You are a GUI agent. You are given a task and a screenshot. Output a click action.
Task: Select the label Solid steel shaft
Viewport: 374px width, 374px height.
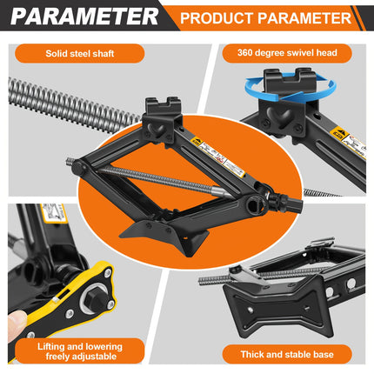pyautogui.click(x=92, y=54)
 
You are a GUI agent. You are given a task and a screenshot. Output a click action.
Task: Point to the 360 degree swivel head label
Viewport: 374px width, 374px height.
pyautogui.click(x=280, y=54)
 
